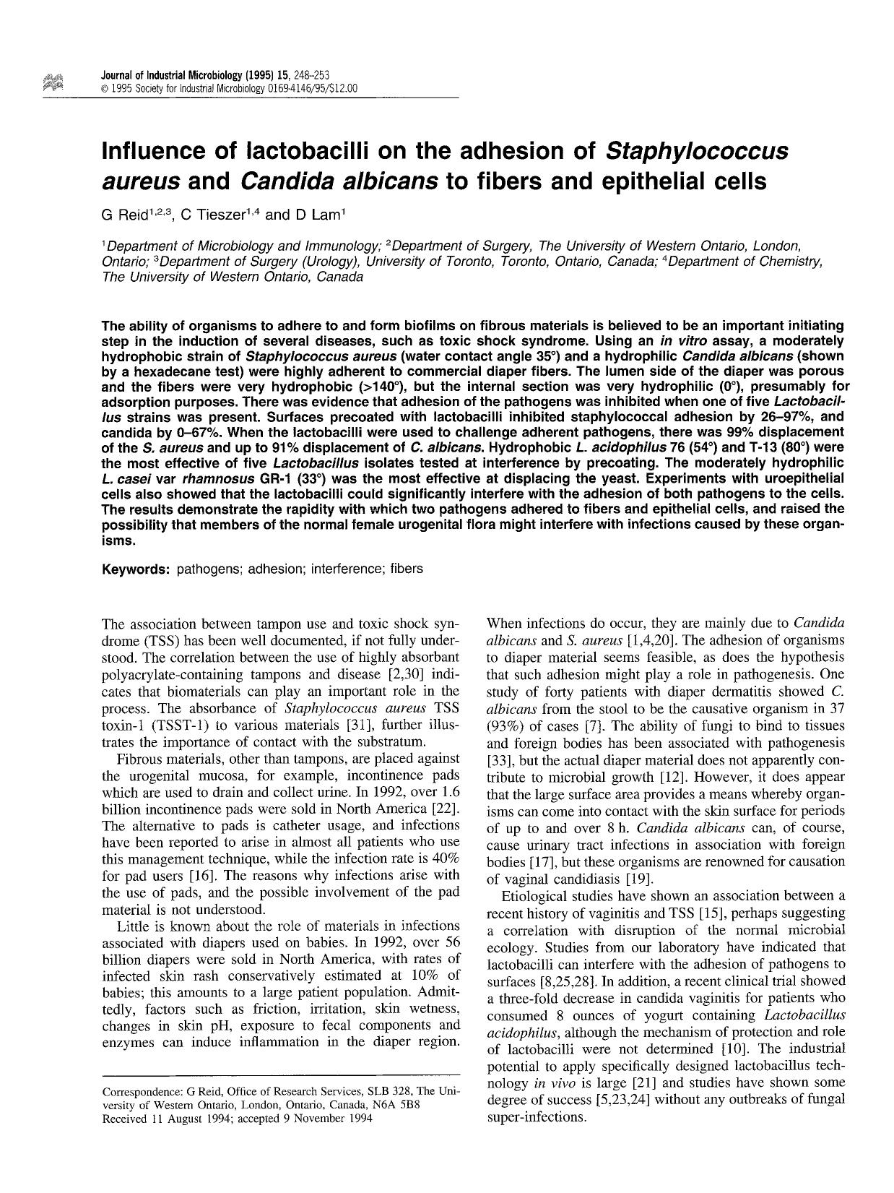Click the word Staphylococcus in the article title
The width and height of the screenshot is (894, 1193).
click(x=695, y=151)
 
